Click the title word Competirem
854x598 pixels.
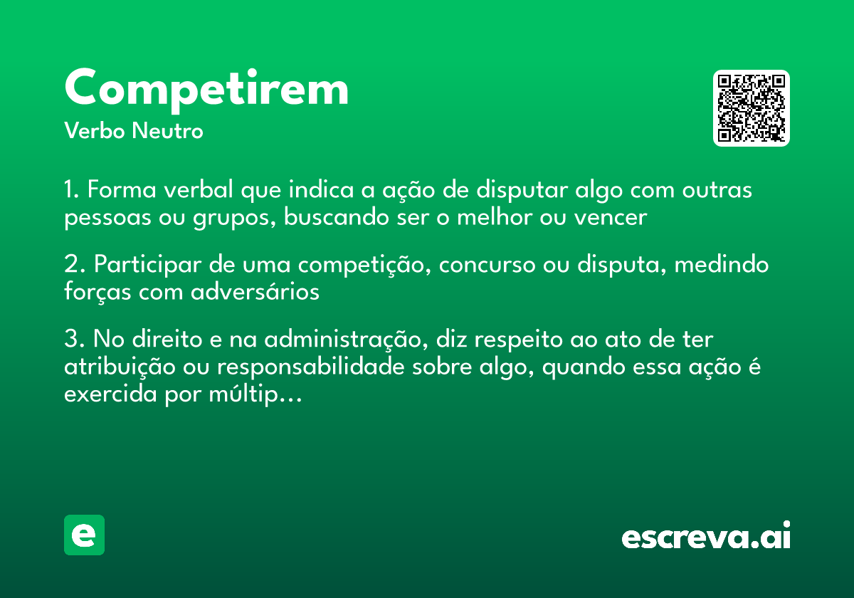tap(206, 89)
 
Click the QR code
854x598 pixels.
tap(752, 108)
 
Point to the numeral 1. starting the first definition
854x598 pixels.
tap(73, 191)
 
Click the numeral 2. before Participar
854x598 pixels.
tap(75, 265)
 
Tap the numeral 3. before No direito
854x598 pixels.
tap(75, 339)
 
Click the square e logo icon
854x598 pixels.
tap(84, 535)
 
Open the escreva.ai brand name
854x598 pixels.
tap(706, 537)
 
